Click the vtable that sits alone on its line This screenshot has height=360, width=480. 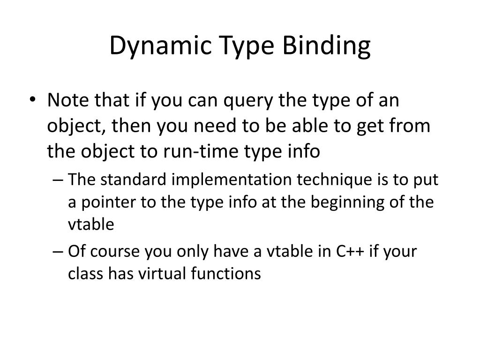[x=91, y=224]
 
